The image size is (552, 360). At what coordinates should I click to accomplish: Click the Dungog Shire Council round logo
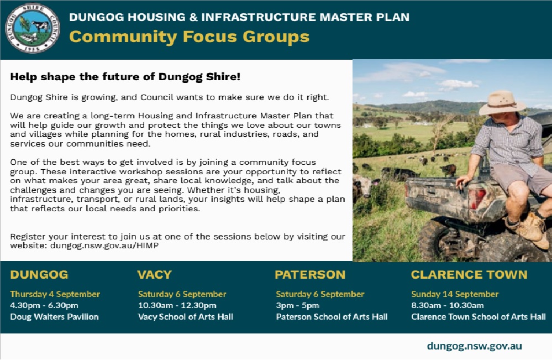pos(33,29)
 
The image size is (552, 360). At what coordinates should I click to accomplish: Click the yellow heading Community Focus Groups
pos(189,37)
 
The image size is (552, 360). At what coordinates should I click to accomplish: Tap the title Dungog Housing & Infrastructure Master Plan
pos(239,17)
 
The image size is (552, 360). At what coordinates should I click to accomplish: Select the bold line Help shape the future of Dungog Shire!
pos(125,77)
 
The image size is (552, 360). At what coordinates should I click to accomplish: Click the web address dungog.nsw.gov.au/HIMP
pos(104,246)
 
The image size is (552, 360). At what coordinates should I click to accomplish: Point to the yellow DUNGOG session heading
pos(39,275)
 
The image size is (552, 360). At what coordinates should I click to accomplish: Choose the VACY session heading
pos(154,275)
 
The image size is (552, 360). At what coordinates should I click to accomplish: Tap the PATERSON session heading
pos(310,275)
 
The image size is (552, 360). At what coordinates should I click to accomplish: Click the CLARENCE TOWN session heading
pos(469,275)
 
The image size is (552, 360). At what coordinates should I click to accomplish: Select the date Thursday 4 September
pos(55,294)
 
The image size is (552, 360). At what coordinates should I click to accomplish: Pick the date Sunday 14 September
pos(455,294)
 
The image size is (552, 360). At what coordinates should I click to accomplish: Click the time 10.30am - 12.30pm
pos(177,305)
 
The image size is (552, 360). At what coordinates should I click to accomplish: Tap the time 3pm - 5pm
pos(297,305)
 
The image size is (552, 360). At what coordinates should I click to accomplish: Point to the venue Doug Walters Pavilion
pos(54,317)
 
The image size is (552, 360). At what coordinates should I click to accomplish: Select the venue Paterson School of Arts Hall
pos(332,317)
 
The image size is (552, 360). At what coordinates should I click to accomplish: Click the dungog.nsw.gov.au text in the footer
pos(474,346)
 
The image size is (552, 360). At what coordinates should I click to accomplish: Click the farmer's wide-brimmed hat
pos(502,102)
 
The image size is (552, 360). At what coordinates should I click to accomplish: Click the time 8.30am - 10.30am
pos(448,305)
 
